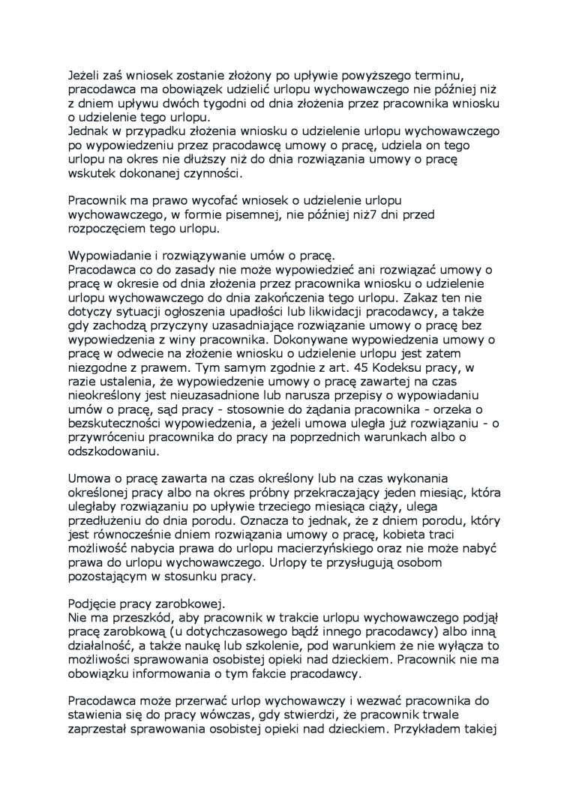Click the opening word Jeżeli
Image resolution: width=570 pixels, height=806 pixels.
[84, 73]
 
